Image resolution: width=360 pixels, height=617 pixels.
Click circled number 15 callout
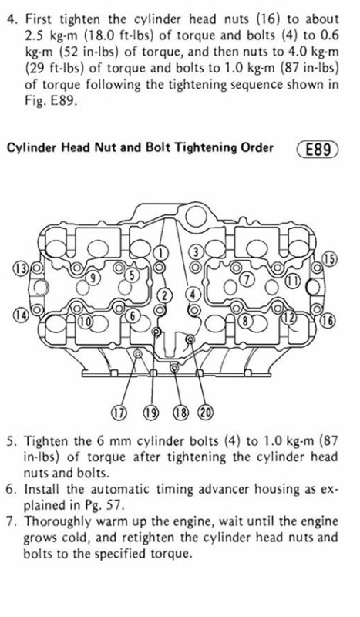tap(330, 259)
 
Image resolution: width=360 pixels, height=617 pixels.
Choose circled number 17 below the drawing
tap(119, 413)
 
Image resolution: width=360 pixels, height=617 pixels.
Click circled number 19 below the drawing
tap(150, 413)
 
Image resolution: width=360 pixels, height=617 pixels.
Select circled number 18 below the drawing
tap(180, 413)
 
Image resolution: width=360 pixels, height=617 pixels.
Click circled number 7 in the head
tap(247, 279)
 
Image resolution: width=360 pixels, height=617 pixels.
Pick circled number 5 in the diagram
tap(132, 275)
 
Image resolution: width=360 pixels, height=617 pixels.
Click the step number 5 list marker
tap(12, 441)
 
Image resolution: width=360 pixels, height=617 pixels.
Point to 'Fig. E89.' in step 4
tap(49, 101)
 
